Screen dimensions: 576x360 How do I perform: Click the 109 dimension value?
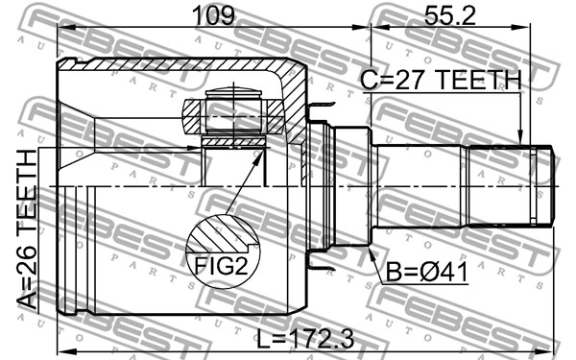[x=213, y=15]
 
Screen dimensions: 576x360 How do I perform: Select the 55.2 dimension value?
[x=449, y=15]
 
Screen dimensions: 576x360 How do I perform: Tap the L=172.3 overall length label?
[x=305, y=339]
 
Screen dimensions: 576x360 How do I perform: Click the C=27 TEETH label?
[x=441, y=80]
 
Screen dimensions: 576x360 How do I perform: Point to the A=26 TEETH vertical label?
[x=27, y=229]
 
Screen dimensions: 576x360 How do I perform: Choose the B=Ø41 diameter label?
[x=427, y=273]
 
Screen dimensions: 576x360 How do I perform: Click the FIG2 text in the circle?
[x=221, y=266]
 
